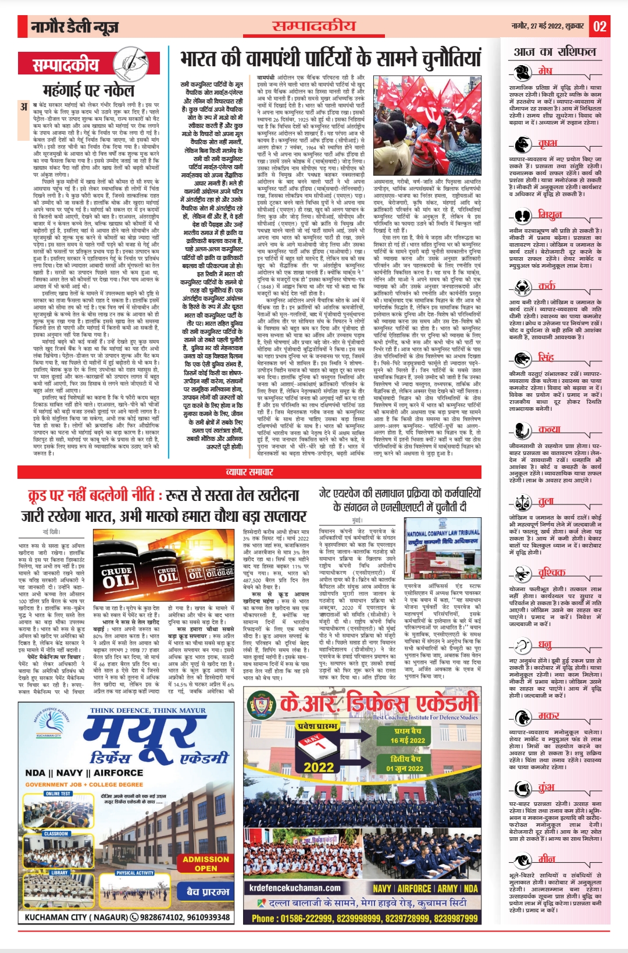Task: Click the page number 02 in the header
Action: pos(600,26)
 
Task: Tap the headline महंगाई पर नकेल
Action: pos(88,90)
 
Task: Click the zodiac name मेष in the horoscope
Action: pos(545,71)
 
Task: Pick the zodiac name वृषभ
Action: pos(547,143)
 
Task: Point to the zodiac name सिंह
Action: pos(545,357)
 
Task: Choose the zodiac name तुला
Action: pos(545,501)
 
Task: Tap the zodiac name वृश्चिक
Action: pos(551,572)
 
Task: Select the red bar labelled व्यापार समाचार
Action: pos(249,472)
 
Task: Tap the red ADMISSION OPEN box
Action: pos(206,863)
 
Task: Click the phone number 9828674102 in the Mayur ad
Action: pos(163,918)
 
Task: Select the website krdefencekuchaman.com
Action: pos(295,888)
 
